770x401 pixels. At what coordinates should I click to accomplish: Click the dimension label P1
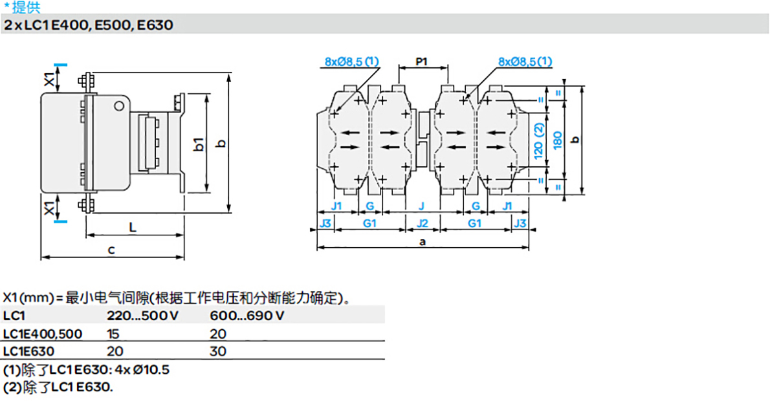point(422,62)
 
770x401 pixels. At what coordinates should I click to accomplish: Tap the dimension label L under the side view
point(132,227)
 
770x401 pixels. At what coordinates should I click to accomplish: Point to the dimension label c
point(111,250)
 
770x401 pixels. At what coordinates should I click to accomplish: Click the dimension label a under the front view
point(423,241)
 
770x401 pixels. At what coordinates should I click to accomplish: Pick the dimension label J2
point(422,223)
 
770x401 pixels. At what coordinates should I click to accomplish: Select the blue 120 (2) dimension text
point(538,140)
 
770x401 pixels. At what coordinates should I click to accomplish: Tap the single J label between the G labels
point(422,206)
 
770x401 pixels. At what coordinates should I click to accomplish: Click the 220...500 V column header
point(138,316)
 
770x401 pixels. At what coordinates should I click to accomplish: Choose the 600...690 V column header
point(247,316)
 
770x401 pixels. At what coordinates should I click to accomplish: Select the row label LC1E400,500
point(43,334)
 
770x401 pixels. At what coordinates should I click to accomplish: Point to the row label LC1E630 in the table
point(28,351)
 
